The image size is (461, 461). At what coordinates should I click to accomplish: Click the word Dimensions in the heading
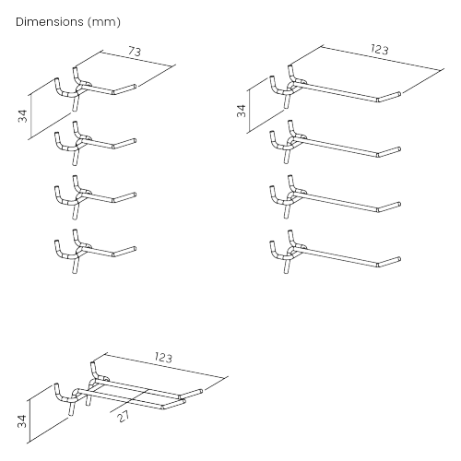click(50, 22)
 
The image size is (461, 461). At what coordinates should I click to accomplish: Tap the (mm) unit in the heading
click(104, 22)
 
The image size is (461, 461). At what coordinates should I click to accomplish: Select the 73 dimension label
click(135, 51)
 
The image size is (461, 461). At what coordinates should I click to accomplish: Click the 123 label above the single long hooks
click(379, 49)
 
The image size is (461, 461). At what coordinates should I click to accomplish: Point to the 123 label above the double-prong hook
click(163, 358)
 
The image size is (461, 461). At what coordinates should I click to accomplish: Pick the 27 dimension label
click(124, 416)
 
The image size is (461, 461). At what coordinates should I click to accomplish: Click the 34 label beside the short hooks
click(23, 116)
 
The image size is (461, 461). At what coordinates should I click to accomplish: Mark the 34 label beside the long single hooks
click(242, 111)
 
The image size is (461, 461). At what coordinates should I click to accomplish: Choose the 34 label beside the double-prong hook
click(22, 421)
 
